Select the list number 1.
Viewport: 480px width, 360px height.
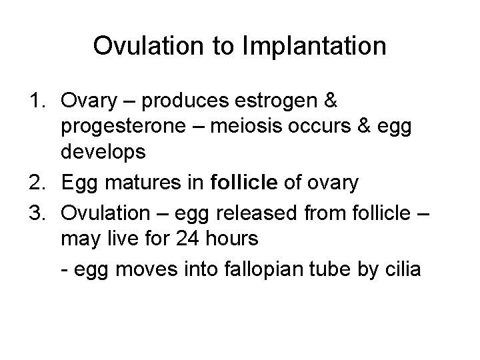[x=37, y=101]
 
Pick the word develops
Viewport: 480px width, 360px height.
[x=103, y=153]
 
